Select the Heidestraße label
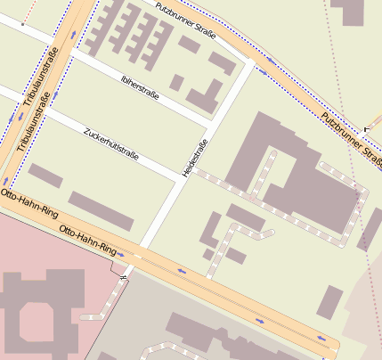coord(195,157)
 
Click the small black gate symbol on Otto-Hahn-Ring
coord(123,279)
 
